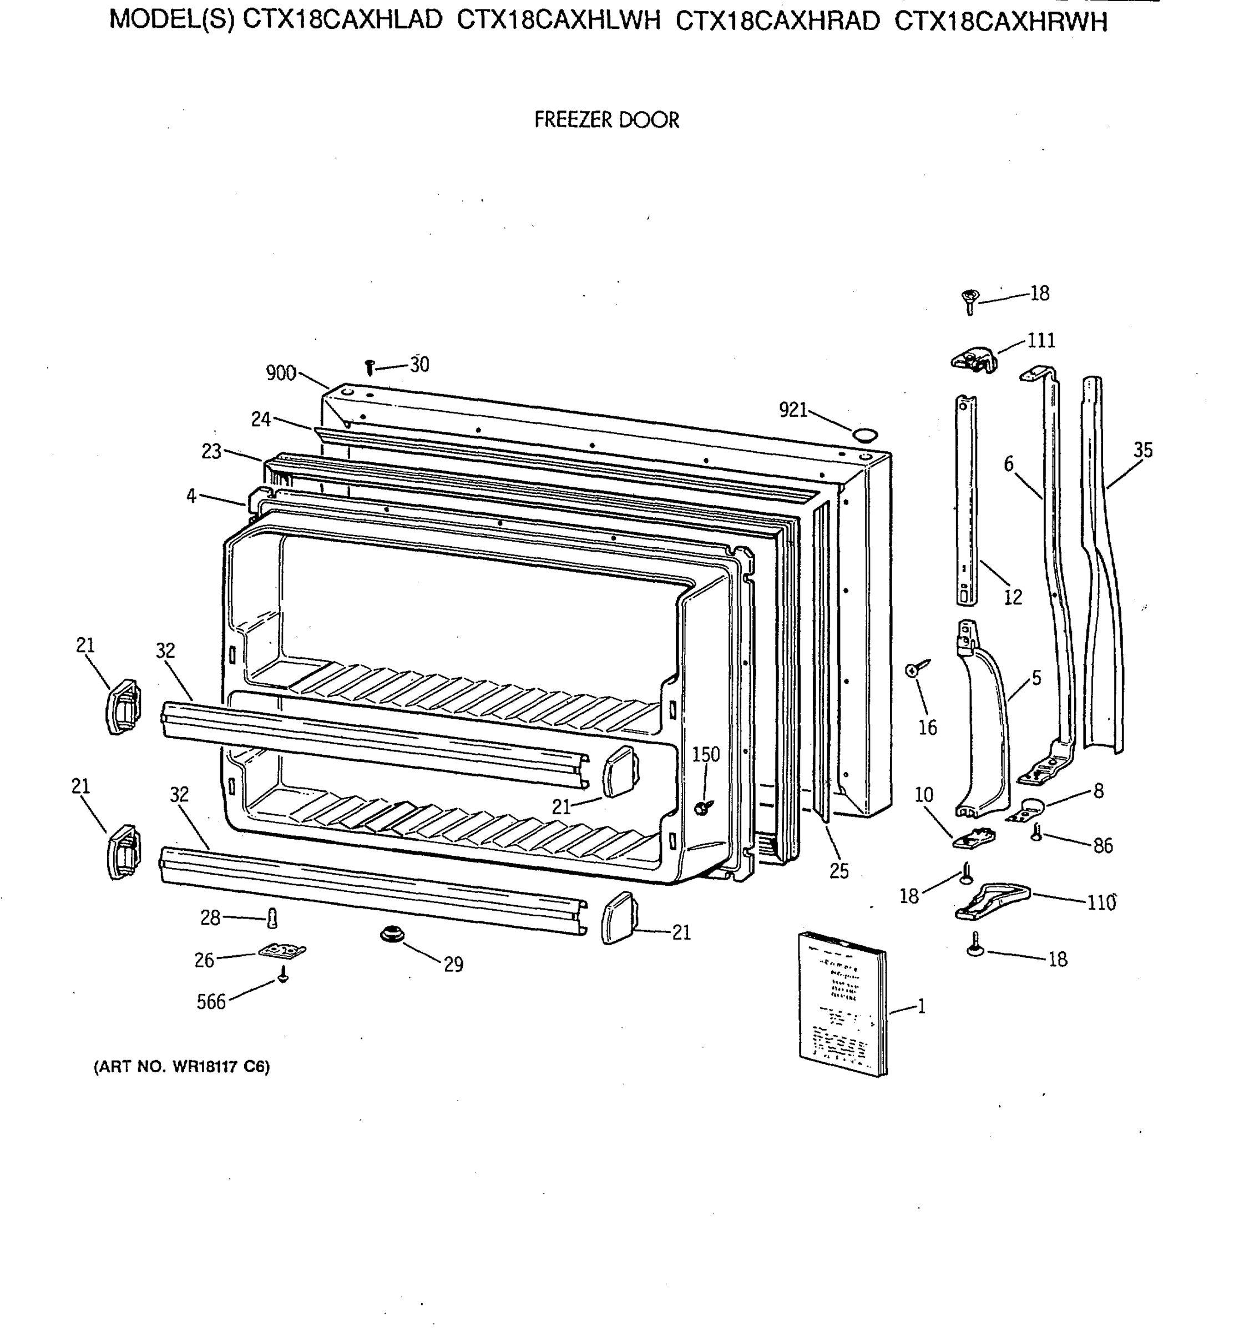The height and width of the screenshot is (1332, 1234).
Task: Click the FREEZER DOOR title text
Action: pos(606,120)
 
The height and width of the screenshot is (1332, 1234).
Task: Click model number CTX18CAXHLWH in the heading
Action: pos(558,22)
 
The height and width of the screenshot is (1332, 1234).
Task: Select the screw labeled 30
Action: pos(370,367)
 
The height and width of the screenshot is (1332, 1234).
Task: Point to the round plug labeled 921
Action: pos(864,435)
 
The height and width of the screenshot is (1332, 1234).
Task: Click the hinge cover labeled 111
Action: pos(974,360)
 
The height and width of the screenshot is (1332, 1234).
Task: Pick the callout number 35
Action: pos(1142,450)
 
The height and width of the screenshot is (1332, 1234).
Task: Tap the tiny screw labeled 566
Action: pos(283,977)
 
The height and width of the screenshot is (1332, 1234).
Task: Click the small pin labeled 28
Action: pos(272,919)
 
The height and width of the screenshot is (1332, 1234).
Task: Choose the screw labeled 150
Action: pos(702,807)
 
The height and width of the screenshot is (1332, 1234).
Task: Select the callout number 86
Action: pos(1102,846)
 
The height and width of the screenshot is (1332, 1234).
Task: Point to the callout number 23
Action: pos(211,452)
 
